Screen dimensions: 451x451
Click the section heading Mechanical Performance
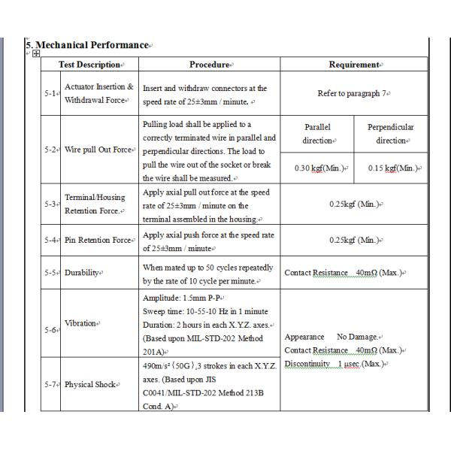click(x=88, y=45)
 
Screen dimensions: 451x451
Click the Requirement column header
click(x=353, y=65)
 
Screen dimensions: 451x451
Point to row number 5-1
click(x=50, y=93)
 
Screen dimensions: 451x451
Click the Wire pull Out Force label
click(x=99, y=150)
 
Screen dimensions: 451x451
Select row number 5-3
click(x=50, y=204)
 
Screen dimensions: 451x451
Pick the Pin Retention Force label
click(x=99, y=240)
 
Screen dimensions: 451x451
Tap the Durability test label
click(x=83, y=272)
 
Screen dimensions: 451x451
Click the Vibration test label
click(x=81, y=323)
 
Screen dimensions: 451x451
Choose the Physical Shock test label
click(x=91, y=384)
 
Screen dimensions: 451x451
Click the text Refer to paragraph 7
click(x=353, y=93)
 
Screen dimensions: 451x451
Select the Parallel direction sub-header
click(x=316, y=134)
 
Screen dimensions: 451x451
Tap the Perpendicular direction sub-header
click(x=390, y=134)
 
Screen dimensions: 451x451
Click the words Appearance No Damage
click(x=333, y=337)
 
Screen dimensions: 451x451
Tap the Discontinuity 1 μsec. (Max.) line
click(x=334, y=364)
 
